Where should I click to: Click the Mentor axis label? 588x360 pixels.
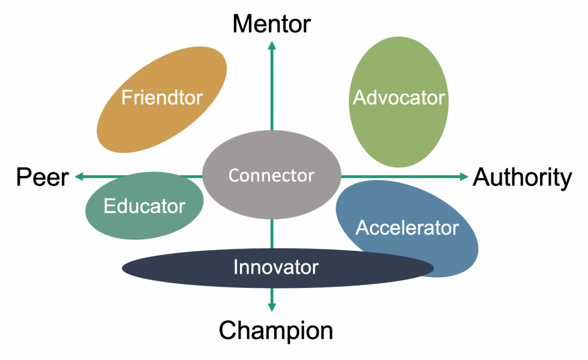click(x=271, y=24)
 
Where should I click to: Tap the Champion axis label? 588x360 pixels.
click(x=275, y=331)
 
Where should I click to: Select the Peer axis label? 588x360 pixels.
click(x=43, y=178)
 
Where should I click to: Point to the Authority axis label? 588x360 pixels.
click(x=522, y=178)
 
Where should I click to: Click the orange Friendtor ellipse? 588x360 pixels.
click(x=161, y=100)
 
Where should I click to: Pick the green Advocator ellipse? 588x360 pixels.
click(x=398, y=102)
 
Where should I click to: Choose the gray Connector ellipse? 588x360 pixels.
click(x=271, y=175)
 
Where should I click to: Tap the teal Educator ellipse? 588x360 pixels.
click(x=145, y=205)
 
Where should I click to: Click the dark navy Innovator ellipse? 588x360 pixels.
click(x=277, y=268)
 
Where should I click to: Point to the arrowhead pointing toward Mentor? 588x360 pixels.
click(x=272, y=46)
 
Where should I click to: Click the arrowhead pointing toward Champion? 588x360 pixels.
click(x=272, y=307)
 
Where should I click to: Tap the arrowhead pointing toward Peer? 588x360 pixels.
click(x=79, y=176)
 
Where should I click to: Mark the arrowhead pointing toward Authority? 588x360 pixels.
click(x=464, y=176)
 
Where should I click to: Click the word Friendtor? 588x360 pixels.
click(x=161, y=97)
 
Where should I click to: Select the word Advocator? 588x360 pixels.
click(x=398, y=97)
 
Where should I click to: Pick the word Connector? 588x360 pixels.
click(x=271, y=175)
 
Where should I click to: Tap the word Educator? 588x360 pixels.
click(x=145, y=206)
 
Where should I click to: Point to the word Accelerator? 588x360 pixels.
click(x=407, y=227)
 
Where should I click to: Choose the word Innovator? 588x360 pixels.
click(x=276, y=267)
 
